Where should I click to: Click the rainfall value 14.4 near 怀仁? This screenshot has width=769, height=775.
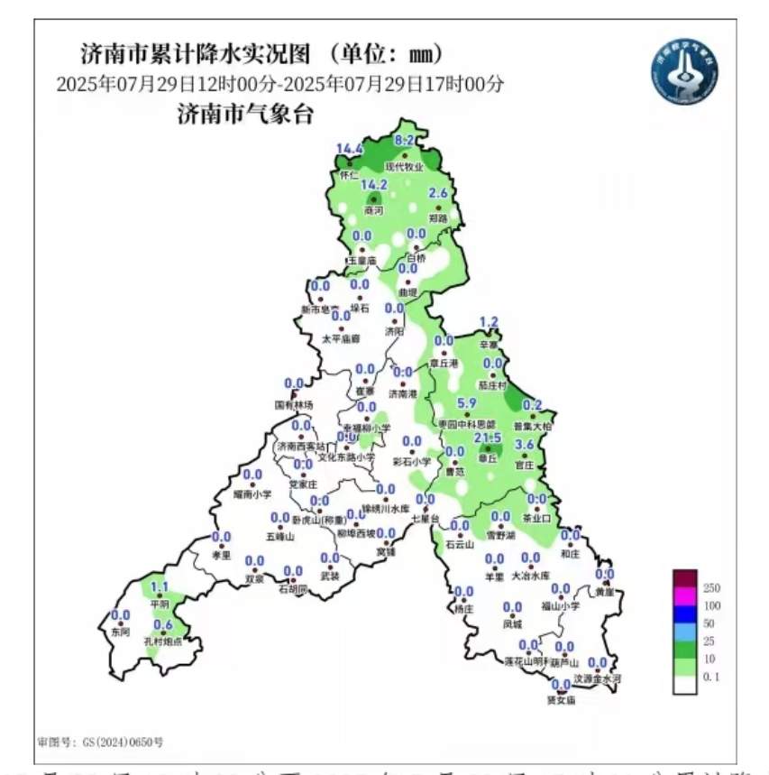[x=350, y=149]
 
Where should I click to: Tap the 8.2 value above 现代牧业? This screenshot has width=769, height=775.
[x=404, y=140]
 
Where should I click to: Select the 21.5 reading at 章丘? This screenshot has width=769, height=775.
[x=488, y=438]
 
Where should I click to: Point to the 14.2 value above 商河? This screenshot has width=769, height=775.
[x=373, y=184]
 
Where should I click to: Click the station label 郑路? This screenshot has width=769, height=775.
[x=438, y=218]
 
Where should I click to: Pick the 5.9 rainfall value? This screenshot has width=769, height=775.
[x=467, y=402]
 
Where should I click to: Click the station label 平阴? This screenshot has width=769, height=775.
[x=160, y=604]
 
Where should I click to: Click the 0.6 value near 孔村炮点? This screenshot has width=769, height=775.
[x=163, y=624]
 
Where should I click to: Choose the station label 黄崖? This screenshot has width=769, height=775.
[x=604, y=592]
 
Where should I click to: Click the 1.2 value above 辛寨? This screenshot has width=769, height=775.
[x=489, y=322]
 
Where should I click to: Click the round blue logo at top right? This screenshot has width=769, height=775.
[x=686, y=72]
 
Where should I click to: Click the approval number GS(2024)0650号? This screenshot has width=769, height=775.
[x=101, y=742]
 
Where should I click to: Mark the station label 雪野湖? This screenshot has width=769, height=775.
[x=500, y=535]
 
